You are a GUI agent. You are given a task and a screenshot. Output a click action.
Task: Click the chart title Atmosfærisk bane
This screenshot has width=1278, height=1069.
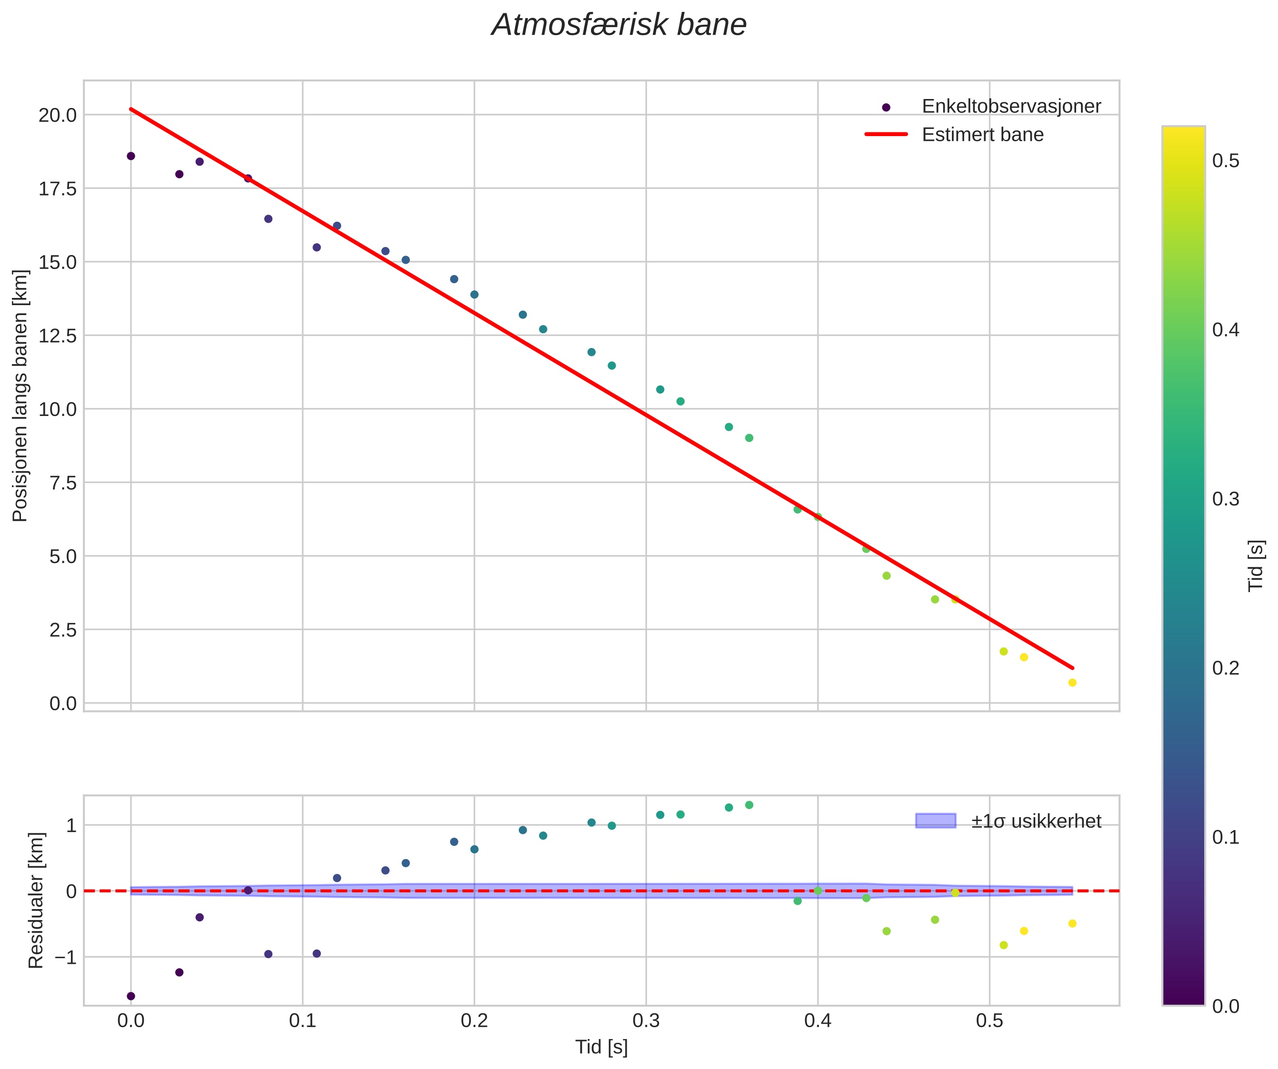[619, 26]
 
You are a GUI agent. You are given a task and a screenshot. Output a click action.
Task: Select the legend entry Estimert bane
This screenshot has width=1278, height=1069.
[982, 135]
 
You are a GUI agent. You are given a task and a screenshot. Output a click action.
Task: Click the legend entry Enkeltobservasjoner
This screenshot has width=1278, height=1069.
[1011, 107]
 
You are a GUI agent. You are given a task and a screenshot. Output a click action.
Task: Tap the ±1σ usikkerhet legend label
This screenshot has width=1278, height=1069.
[1036, 822]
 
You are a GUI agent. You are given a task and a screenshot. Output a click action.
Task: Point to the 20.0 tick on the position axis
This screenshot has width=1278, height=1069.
[58, 115]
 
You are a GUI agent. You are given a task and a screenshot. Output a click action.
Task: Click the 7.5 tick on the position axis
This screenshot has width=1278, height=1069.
[63, 483]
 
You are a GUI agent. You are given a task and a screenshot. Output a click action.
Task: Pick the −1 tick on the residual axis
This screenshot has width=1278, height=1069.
[65, 958]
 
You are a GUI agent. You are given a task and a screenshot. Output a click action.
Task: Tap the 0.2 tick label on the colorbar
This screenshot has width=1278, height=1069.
[1226, 668]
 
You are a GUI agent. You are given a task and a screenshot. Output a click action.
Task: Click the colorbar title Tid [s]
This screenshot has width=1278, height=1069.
[1256, 566]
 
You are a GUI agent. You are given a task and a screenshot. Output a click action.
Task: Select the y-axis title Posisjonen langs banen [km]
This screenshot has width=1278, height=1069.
[20, 396]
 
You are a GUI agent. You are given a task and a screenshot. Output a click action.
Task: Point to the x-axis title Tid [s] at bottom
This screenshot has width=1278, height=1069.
[601, 1047]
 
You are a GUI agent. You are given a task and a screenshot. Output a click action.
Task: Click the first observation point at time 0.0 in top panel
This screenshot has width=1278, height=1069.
[131, 157]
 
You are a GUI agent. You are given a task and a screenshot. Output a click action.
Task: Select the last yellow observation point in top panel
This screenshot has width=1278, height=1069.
[1072, 683]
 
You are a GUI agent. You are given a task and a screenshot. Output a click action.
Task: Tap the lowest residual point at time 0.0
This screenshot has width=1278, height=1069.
[131, 996]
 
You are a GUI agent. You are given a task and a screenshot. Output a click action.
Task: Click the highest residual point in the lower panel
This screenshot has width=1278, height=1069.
[749, 805]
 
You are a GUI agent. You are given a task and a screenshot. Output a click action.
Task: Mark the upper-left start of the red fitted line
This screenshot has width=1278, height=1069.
[131, 109]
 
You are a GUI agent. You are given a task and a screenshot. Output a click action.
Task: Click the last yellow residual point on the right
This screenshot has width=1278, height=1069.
[1072, 923]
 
